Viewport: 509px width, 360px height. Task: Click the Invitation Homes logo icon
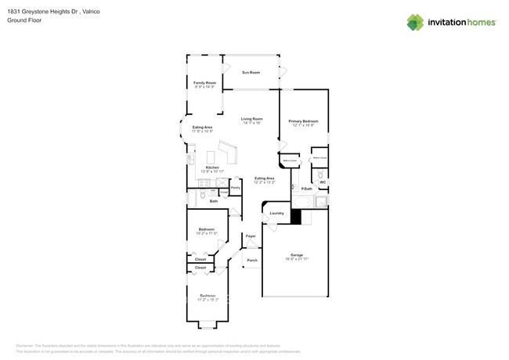click(x=416, y=22)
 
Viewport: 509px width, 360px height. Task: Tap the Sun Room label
click(x=251, y=72)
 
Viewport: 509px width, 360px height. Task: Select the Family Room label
click(x=204, y=82)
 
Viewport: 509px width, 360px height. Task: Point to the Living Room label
click(x=251, y=119)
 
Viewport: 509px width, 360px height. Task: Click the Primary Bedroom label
click(x=302, y=121)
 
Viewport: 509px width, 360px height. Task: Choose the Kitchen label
click(x=212, y=167)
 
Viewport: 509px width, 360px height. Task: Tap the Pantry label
click(x=235, y=188)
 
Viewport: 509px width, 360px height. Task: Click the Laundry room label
click(x=276, y=213)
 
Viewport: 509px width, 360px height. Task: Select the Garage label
click(x=297, y=254)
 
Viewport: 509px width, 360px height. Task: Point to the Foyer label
click(x=251, y=236)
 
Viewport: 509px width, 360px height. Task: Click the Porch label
click(x=252, y=261)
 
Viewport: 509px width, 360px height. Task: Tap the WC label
click(x=322, y=182)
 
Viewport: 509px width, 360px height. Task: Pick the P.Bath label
click(x=307, y=189)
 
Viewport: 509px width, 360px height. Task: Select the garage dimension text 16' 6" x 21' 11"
click(x=297, y=258)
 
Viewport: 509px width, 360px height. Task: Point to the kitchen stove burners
click(x=191, y=159)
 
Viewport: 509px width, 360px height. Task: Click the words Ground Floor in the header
click(x=24, y=20)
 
